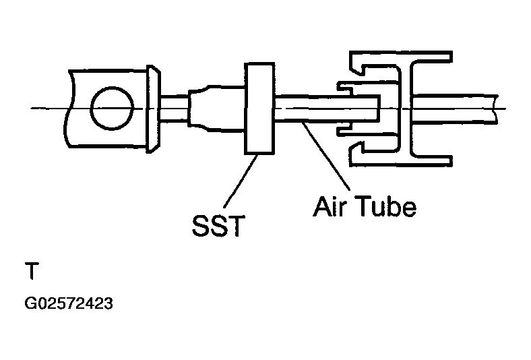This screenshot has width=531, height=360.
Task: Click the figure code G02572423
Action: pos(68,303)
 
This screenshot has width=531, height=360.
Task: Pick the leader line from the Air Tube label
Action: pos(327,155)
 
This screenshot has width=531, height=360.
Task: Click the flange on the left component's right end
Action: pos(154,109)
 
